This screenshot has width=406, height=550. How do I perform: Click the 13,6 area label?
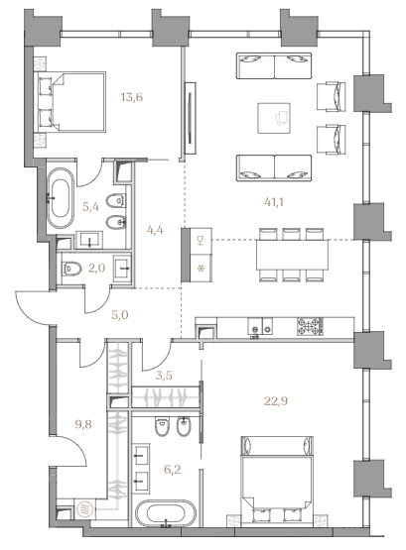click(132, 97)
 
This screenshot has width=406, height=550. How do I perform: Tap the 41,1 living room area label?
click(274, 202)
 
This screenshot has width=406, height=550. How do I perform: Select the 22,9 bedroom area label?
click(276, 400)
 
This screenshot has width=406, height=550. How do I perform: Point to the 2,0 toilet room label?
click(97, 269)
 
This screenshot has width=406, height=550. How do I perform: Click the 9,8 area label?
click(83, 424)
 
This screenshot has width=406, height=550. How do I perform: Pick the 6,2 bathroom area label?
click(173, 469)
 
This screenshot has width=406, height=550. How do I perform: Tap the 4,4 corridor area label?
click(155, 231)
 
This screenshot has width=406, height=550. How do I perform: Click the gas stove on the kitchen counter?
click(310, 326)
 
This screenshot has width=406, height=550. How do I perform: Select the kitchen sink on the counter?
click(260, 326)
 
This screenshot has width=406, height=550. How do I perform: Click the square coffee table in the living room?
click(274, 118)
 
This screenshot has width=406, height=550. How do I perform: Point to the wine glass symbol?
click(201, 241)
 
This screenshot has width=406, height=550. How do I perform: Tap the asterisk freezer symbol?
click(201, 269)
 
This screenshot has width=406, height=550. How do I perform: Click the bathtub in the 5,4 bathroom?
click(61, 198)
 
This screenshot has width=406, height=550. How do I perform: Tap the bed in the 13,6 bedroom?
click(69, 102)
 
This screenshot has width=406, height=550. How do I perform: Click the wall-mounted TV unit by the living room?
click(190, 118)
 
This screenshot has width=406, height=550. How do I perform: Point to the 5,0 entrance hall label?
click(120, 314)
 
